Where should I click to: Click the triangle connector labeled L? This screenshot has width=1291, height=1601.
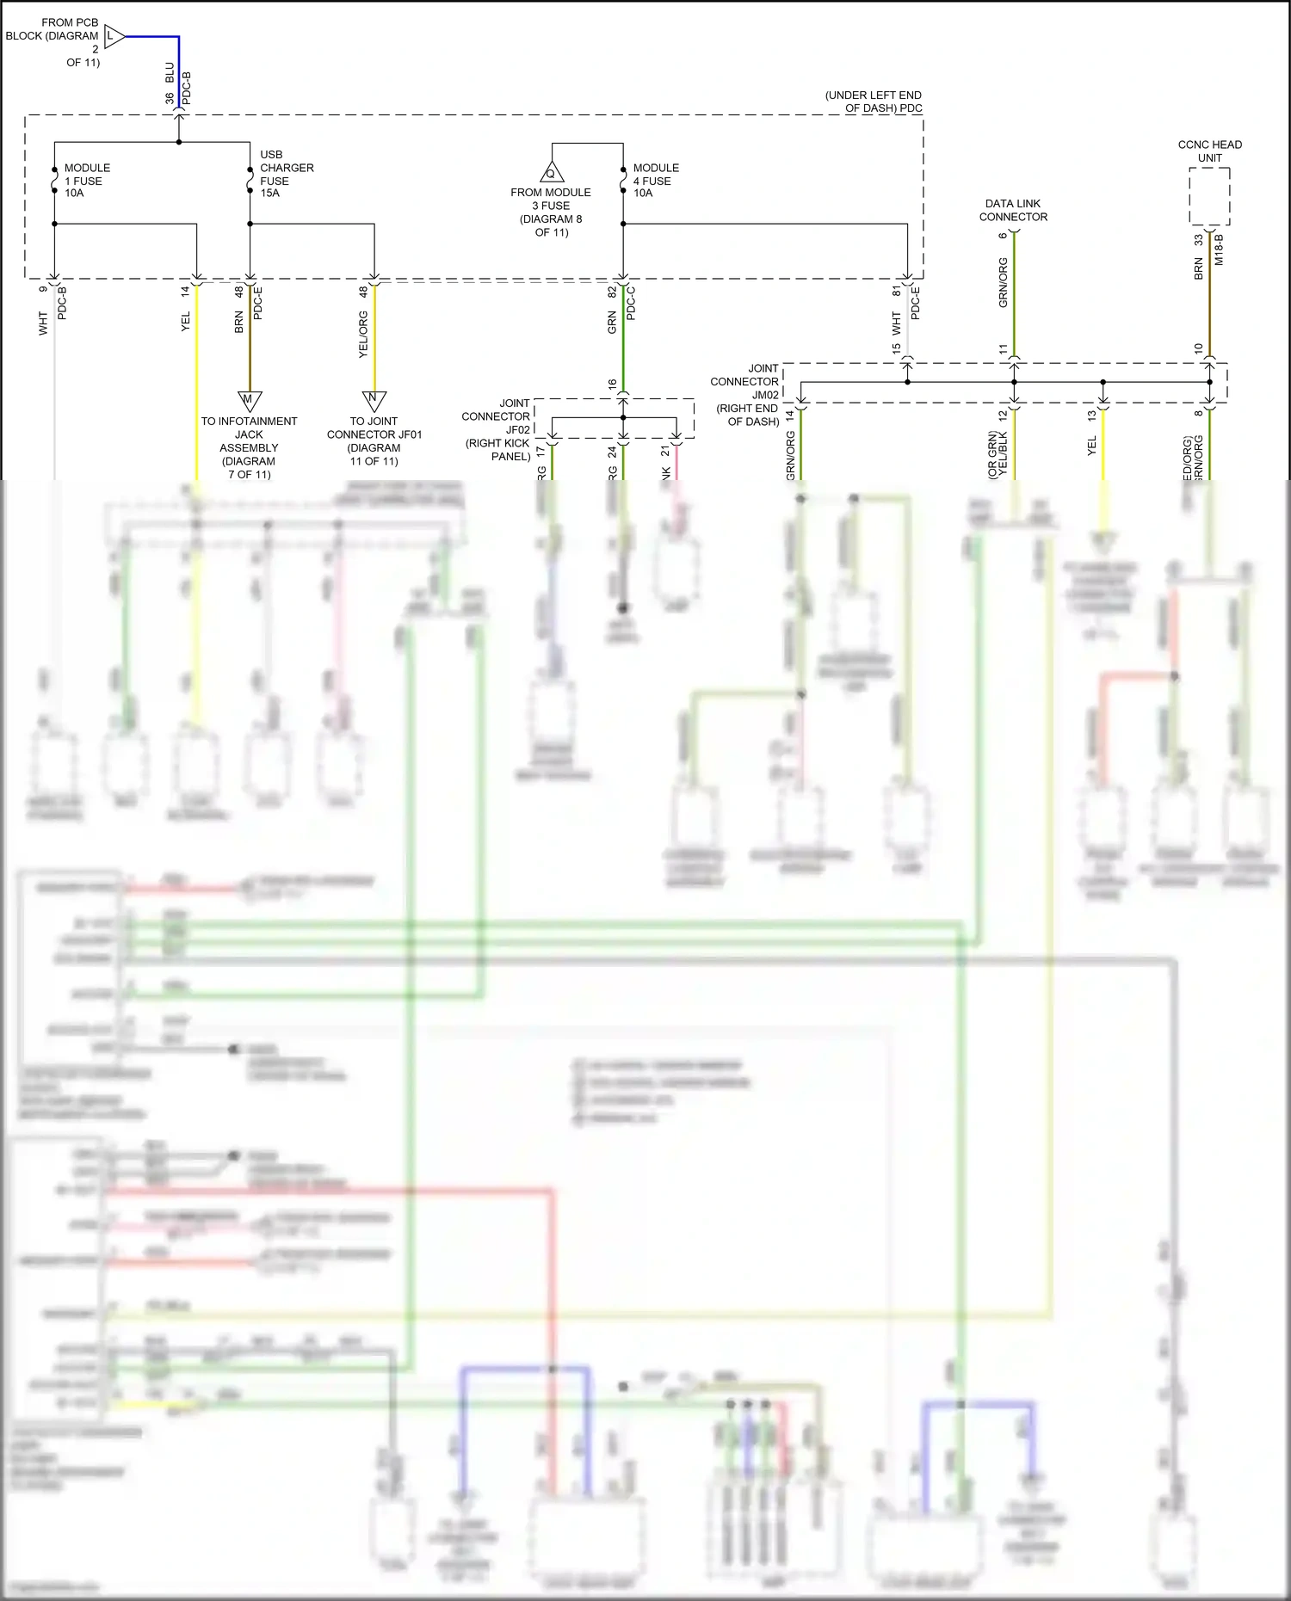click(x=114, y=36)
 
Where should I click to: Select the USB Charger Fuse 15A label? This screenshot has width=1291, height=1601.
click(x=286, y=174)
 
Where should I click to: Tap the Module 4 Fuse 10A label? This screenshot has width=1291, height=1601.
click(x=655, y=181)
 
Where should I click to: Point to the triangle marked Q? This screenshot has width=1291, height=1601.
click(x=552, y=172)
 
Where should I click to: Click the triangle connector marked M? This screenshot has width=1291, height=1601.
click(x=249, y=401)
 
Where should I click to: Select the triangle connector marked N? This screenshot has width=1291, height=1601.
click(x=374, y=401)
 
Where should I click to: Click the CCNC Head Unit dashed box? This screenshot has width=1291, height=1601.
click(x=1209, y=197)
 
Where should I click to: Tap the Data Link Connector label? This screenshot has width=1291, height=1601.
click(x=1013, y=210)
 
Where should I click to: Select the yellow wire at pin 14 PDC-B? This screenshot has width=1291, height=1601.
click(x=197, y=379)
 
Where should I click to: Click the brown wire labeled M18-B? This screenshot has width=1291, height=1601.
click(x=1209, y=292)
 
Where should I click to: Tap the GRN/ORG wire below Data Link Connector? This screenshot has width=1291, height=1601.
click(x=1014, y=292)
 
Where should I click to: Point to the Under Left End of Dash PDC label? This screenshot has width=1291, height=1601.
click(x=873, y=102)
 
